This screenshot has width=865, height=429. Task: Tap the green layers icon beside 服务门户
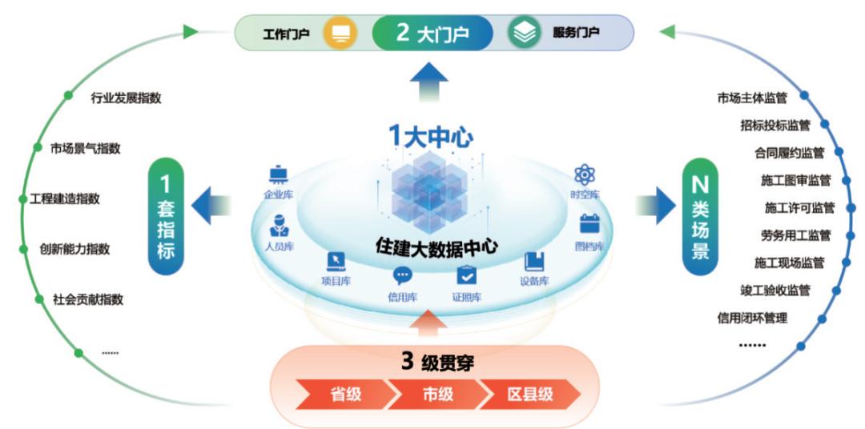(x=524, y=33)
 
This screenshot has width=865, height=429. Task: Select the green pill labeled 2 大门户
(x=432, y=34)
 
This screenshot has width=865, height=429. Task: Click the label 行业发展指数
(x=127, y=98)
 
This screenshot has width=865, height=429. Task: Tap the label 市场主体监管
(x=752, y=98)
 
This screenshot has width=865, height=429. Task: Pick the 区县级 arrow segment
(x=529, y=394)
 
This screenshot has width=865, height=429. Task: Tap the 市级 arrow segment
(x=437, y=394)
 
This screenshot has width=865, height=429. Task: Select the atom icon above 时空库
(x=585, y=174)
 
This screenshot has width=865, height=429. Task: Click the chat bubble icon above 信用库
(x=402, y=276)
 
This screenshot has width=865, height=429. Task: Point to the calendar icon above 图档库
(x=590, y=223)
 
